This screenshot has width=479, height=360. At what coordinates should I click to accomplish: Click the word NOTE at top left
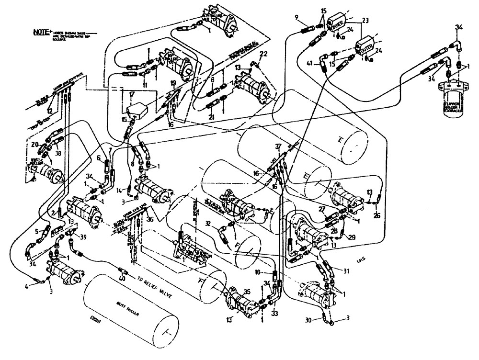(x=39, y=33)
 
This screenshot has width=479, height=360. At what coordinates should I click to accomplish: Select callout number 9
(x=297, y=18)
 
